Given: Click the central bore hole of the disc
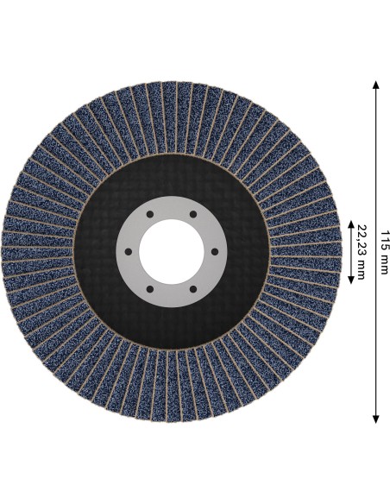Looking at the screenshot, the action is pyautogui.click(x=172, y=252).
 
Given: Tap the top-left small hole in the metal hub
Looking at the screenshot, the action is pyautogui.click(x=150, y=214).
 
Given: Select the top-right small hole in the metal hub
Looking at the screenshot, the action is pyautogui.click(x=193, y=214).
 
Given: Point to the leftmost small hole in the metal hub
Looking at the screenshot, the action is pyautogui.click(x=129, y=252).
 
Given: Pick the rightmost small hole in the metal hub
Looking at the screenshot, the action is pyautogui.click(x=215, y=252).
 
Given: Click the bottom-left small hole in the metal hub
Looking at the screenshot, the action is pyautogui.click(x=150, y=289).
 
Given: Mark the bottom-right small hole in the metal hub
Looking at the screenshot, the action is pyautogui.click(x=193, y=289).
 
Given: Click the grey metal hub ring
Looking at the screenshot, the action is pyautogui.click(x=172, y=207).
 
